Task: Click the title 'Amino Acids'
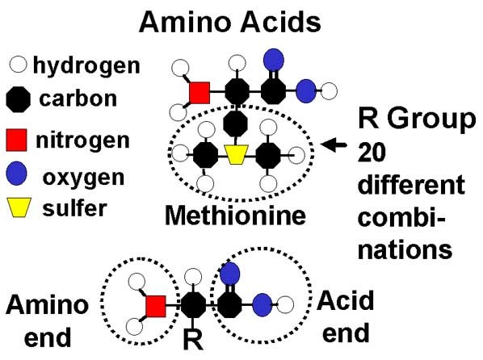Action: tap(230, 22)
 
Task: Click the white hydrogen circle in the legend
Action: tap(19, 65)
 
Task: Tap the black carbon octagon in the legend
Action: tap(19, 99)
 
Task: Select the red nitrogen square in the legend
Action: tap(16, 140)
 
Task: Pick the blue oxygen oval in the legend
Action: tap(17, 173)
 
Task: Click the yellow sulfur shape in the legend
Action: tap(19, 207)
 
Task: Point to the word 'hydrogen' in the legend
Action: tap(86, 66)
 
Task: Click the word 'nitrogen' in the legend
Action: tap(82, 140)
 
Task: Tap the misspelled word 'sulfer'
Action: tap(75, 208)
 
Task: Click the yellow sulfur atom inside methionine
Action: tap(237, 154)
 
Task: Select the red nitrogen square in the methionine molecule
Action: tap(199, 92)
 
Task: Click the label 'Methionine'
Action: tap(235, 216)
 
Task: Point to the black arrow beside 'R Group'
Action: tap(334, 144)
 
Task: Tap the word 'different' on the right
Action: tap(412, 184)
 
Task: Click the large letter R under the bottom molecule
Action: tap(194, 340)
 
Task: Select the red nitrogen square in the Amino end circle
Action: tap(156, 306)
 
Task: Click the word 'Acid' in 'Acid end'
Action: tap(346, 300)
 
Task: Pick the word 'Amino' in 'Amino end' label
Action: tap(48, 304)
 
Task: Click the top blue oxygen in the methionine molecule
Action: tap(274, 60)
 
